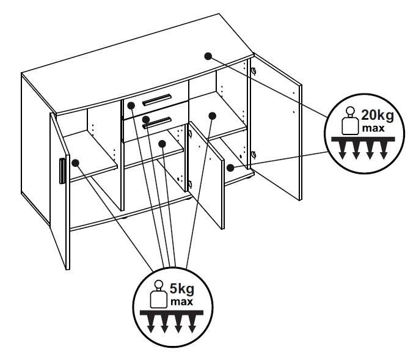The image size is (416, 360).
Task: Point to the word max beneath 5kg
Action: (x=179, y=301)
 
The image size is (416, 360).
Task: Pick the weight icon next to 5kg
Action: (x=158, y=295)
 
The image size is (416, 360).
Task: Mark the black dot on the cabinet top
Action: (x=208, y=56)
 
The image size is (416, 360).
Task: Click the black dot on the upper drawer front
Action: (x=131, y=106)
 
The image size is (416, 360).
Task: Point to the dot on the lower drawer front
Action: (x=146, y=119)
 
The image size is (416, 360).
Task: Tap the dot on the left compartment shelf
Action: (x=76, y=163)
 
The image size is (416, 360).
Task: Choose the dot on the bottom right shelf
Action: (x=230, y=167)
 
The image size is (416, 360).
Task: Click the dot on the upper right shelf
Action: (x=212, y=114)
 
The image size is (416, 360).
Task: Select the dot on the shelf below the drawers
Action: (x=162, y=144)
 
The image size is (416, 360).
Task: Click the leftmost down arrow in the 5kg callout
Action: (x=151, y=326)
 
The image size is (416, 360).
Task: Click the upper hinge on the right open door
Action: (x=253, y=71)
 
